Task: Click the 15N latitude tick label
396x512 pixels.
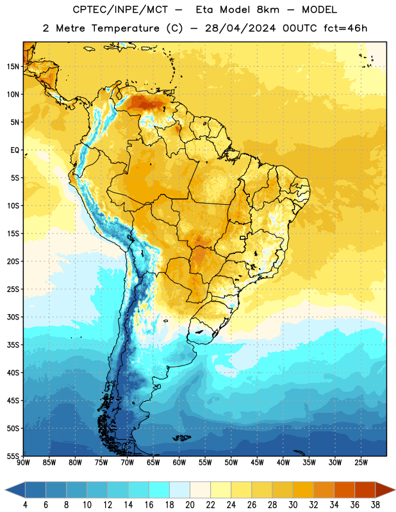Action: point(13,67)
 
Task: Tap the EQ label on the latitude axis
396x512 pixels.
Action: point(15,150)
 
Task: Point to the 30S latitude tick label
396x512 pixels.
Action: point(13,317)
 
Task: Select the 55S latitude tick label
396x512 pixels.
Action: point(13,456)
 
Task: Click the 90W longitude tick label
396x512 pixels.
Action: point(23,462)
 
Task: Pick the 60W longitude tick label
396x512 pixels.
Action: point(179,462)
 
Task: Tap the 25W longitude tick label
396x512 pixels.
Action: point(361,462)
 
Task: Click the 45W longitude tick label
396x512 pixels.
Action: point(257,462)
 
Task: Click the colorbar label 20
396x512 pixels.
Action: point(190,505)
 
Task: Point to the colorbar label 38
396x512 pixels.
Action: point(375,505)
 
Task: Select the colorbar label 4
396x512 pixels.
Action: point(25,505)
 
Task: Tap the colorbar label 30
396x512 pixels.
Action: point(293,505)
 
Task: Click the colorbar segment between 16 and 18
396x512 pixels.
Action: point(160,490)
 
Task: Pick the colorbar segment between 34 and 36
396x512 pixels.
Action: point(344,490)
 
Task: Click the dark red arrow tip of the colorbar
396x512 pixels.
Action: point(394,490)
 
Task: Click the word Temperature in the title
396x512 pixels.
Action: point(125,28)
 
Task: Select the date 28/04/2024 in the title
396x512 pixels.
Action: point(240,28)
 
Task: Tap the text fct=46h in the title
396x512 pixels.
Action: point(345,28)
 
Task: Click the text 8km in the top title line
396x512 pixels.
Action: point(268,10)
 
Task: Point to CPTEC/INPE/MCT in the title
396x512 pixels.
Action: point(120,10)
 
